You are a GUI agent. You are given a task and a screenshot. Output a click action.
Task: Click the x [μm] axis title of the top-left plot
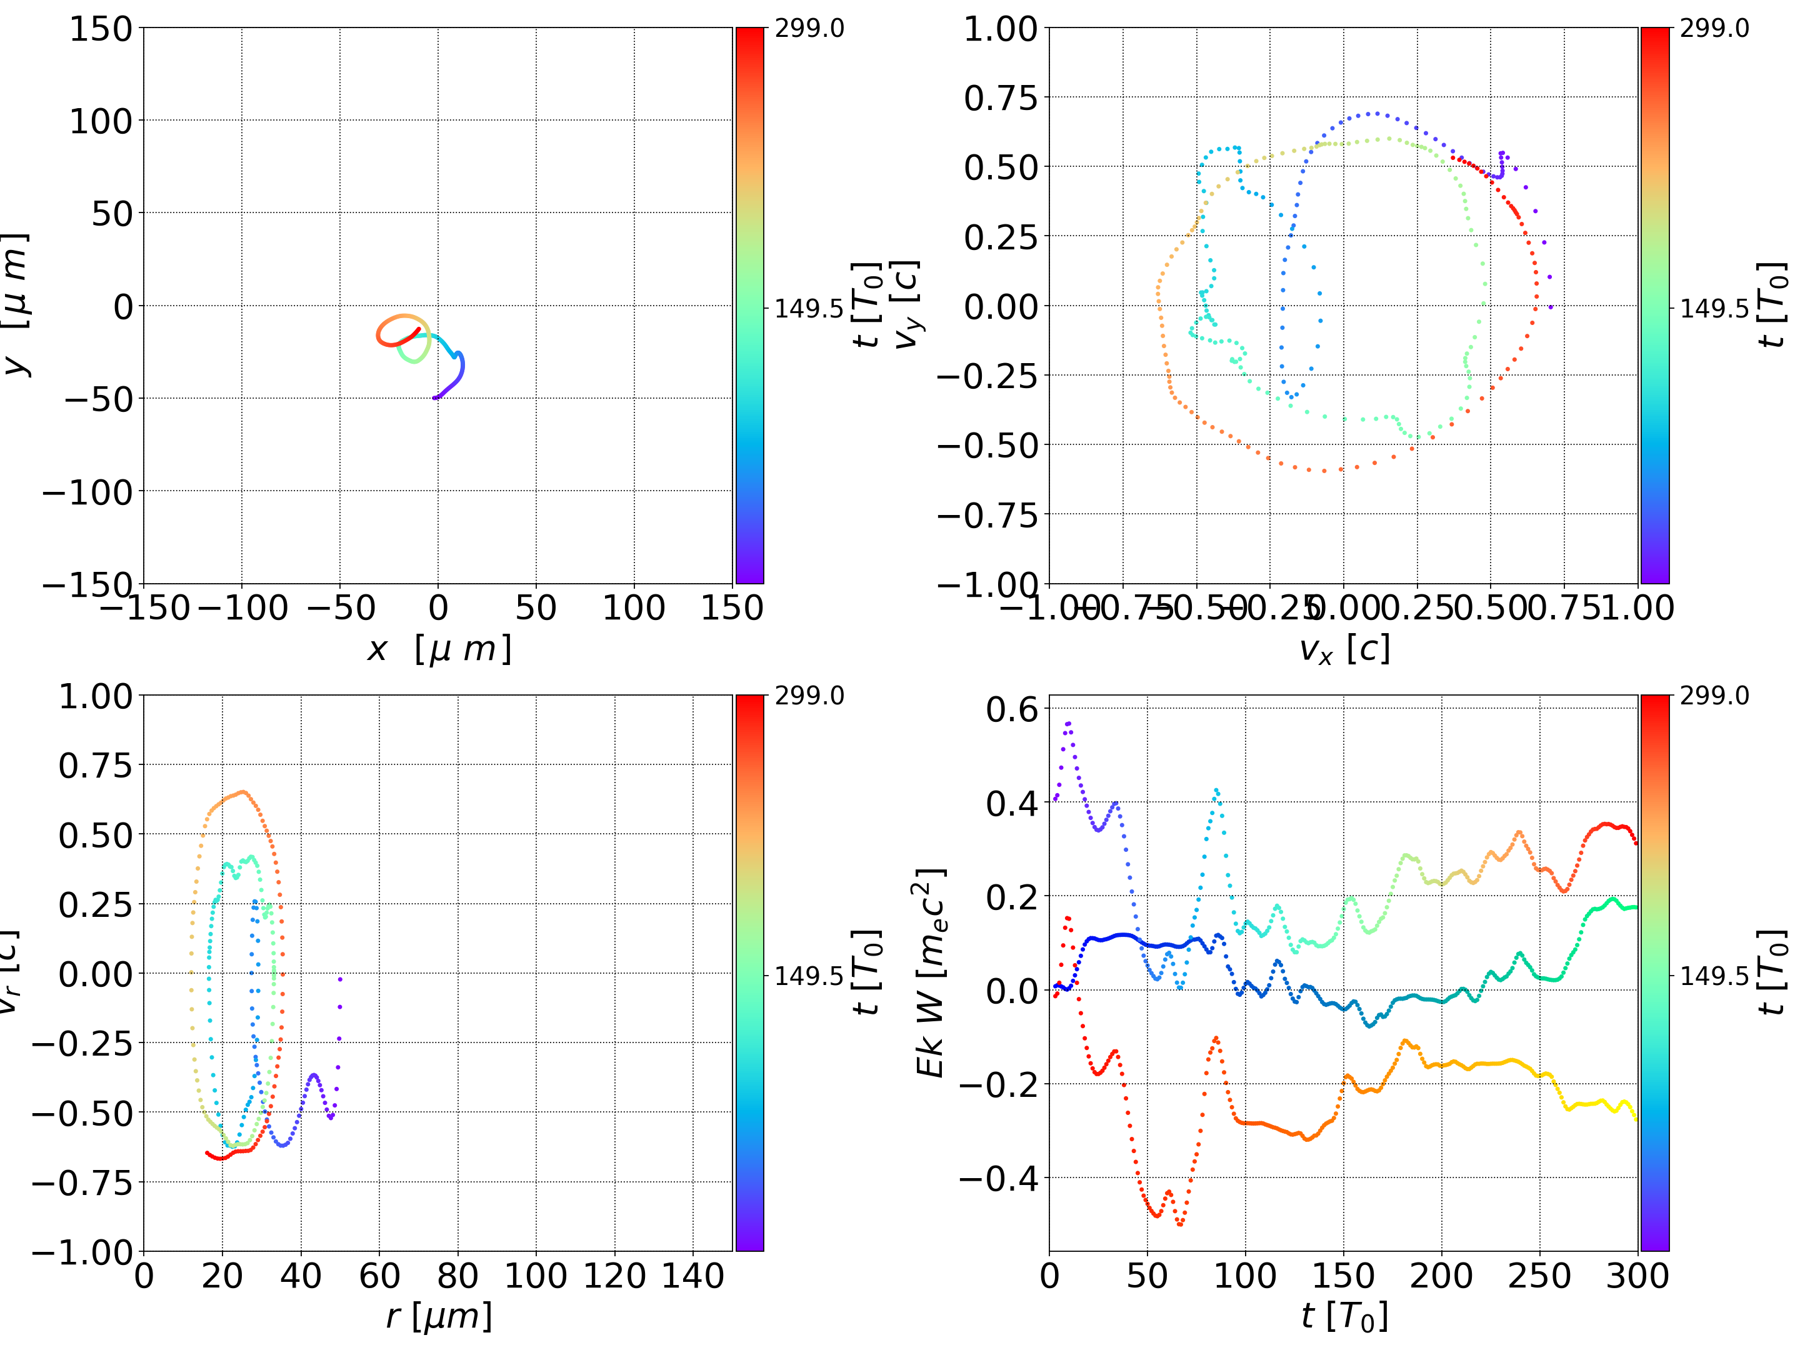coord(439,649)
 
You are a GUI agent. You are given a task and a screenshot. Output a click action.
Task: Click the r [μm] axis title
coord(439,1316)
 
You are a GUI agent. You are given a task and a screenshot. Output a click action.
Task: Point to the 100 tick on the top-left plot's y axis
coord(100,121)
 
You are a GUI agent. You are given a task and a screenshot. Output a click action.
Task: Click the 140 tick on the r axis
coord(692,1276)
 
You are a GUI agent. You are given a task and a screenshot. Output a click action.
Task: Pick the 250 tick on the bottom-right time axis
coord(1539,1276)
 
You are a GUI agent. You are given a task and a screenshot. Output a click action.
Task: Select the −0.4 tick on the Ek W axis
coord(999,1177)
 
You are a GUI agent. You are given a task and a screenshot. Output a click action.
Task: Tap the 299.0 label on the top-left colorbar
coord(809,29)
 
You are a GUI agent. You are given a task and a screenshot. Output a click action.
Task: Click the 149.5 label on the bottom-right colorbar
coord(1714,975)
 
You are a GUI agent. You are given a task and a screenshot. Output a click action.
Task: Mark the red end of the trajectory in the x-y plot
coord(419,329)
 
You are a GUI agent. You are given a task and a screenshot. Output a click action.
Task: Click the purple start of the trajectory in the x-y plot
coord(434,398)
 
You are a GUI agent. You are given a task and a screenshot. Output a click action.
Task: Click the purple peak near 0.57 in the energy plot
coord(1069,722)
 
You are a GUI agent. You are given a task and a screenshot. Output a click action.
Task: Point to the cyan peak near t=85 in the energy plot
coord(1216,790)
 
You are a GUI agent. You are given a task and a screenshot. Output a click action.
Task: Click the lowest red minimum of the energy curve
coord(1180,1223)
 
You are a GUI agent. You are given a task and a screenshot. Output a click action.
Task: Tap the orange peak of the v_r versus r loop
coord(242,792)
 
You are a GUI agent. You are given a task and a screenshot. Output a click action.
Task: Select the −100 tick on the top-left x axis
coord(242,608)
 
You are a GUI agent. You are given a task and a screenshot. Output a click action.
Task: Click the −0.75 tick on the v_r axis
coord(82,1182)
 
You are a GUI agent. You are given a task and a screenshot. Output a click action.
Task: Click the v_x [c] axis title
coord(1344,649)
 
